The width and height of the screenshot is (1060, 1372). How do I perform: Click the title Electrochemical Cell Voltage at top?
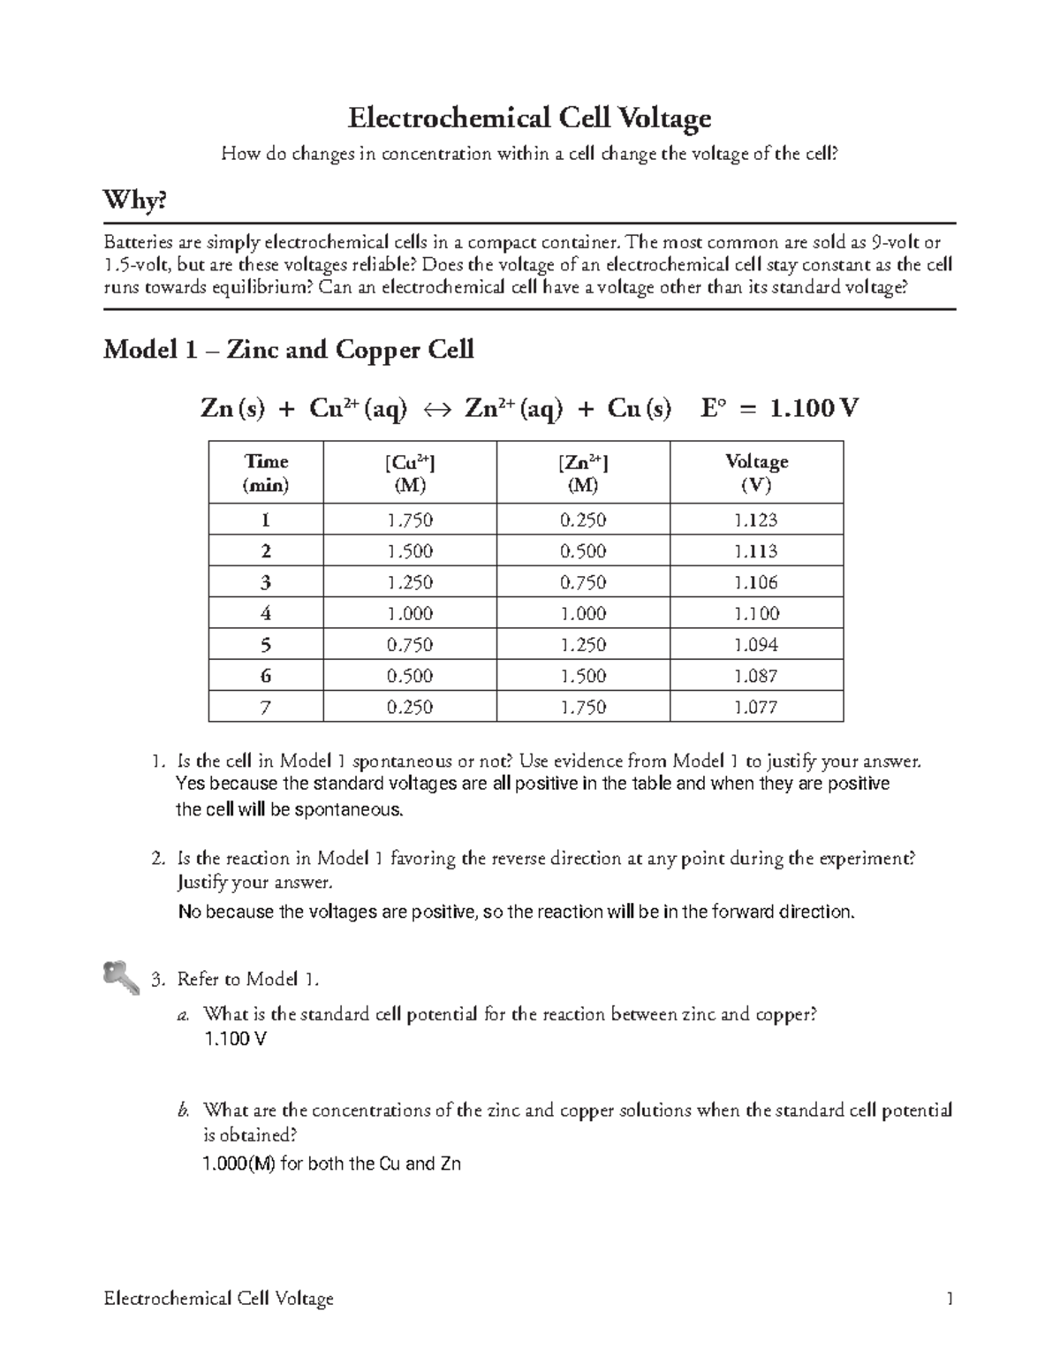[529, 117]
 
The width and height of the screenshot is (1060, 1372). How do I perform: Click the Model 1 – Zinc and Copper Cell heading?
[288, 350]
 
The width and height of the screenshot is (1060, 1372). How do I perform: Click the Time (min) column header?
[266, 473]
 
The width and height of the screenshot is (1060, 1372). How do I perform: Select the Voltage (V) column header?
[756, 473]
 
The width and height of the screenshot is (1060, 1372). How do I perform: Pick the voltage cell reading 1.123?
[756, 520]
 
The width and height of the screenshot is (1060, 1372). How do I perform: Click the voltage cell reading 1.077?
[756, 707]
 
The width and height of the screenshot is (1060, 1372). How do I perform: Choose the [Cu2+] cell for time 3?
[410, 582]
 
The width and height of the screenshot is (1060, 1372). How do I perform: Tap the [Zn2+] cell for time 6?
[583, 676]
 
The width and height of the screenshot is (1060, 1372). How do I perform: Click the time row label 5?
[266, 645]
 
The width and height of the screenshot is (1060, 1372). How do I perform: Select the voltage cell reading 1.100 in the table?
[756, 613]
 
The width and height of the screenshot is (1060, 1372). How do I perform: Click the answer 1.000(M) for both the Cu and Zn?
[331, 1164]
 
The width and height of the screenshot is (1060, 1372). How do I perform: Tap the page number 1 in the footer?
[950, 1298]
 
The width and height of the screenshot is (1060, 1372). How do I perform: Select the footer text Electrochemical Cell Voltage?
[218, 1298]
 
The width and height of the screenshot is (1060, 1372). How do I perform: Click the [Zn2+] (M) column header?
[583, 473]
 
